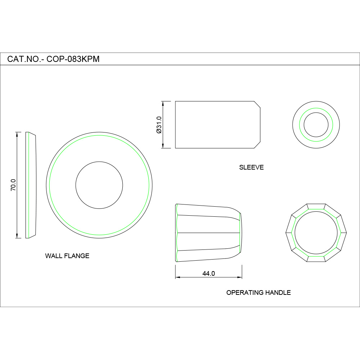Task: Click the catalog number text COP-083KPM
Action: (73, 59)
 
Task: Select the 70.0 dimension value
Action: (13, 185)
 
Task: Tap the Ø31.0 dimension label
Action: (159, 125)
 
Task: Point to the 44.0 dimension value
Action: (208, 274)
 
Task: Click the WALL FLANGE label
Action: (67, 256)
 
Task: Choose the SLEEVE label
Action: (251, 167)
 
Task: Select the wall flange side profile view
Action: (31, 185)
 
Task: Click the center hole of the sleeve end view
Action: (316, 125)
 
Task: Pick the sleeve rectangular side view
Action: (216, 125)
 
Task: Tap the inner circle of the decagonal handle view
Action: (316, 233)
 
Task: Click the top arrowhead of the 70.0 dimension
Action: (17, 134)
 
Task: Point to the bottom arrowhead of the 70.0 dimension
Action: (17, 236)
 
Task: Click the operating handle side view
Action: (208, 233)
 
